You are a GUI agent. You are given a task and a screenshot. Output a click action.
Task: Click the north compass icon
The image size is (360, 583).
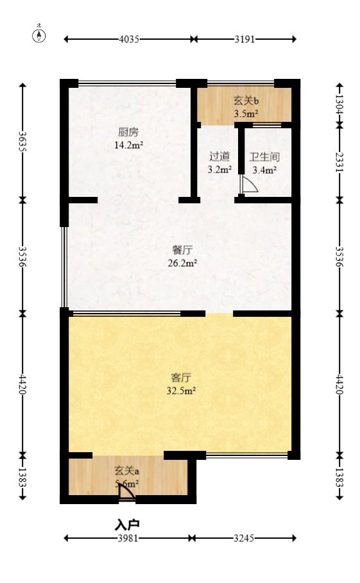click(x=39, y=35)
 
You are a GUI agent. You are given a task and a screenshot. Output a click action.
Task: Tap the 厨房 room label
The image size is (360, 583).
click(x=128, y=133)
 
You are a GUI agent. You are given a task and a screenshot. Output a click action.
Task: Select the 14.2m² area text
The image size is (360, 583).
click(x=128, y=145)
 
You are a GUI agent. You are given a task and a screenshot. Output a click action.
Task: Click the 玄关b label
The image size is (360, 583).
click(x=245, y=101)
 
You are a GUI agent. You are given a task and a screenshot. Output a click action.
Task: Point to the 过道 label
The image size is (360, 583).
click(x=219, y=156)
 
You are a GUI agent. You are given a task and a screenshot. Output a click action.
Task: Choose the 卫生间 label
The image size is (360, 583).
click(x=264, y=156)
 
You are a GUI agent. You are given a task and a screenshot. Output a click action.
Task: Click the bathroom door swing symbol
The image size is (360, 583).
click(x=248, y=185)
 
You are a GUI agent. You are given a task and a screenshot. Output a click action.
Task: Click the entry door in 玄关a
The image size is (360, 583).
click(x=127, y=491)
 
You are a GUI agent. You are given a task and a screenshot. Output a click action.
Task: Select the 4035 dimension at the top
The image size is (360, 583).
click(x=129, y=39)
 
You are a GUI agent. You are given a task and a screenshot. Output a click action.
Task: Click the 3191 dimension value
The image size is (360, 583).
click(x=244, y=39)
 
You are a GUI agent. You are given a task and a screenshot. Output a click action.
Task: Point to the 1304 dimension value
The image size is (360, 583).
click(x=339, y=103)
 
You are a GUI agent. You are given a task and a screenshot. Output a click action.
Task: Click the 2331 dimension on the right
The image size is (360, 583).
click(x=339, y=160)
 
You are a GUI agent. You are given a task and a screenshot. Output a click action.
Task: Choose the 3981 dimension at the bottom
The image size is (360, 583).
click(x=128, y=539)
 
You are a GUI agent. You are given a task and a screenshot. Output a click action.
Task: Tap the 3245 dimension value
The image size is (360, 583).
click(x=244, y=539)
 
